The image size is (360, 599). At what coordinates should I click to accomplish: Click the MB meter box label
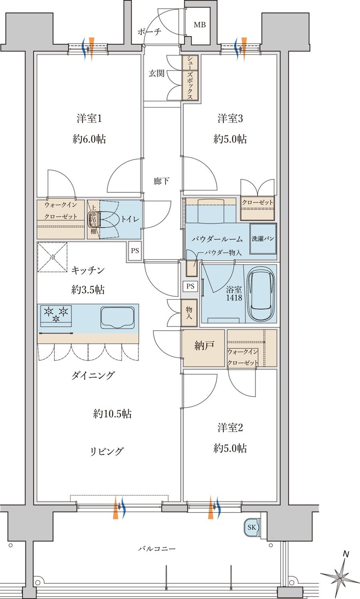(x=200, y=25)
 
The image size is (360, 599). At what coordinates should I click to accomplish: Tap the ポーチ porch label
(x=149, y=32)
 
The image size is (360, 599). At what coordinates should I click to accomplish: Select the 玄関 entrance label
(x=156, y=73)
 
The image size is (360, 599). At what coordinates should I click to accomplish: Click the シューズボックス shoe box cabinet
(x=190, y=78)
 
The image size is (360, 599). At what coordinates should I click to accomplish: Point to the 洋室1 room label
(x=89, y=118)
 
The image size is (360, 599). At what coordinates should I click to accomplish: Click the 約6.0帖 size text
(x=89, y=139)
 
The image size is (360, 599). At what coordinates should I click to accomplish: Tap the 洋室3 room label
(x=230, y=118)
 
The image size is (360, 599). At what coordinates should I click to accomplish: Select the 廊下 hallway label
(x=161, y=181)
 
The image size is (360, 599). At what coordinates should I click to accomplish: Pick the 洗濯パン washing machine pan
(x=263, y=239)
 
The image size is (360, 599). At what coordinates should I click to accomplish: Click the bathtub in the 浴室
(x=261, y=294)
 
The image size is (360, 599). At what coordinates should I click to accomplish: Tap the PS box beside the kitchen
(x=135, y=251)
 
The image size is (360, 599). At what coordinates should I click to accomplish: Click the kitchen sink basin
(x=118, y=317)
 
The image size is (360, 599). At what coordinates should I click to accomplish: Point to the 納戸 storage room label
(x=204, y=346)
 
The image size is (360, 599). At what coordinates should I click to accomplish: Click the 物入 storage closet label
(x=189, y=313)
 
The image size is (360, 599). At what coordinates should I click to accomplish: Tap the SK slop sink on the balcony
(x=252, y=527)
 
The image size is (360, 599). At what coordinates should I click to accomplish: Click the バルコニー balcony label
(x=157, y=549)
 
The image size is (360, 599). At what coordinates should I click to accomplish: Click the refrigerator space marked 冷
(x=52, y=257)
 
